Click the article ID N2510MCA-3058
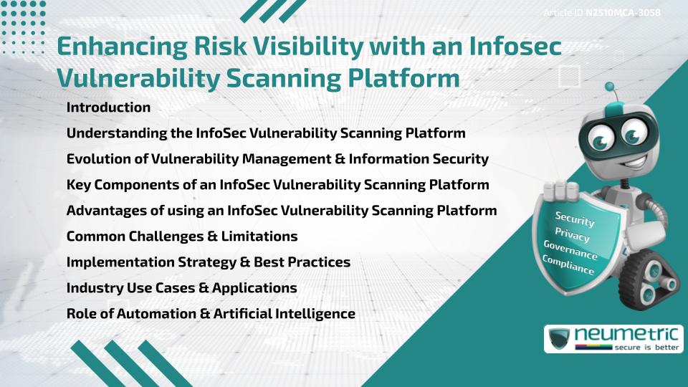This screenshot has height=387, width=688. [x=622, y=13]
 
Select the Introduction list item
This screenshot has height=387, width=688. [x=108, y=107]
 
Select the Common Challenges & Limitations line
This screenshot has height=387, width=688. [x=181, y=236]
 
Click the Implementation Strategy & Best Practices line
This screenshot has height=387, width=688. [x=208, y=262]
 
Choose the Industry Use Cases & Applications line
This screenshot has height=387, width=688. [x=181, y=287]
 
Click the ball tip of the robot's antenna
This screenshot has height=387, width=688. [x=610, y=87]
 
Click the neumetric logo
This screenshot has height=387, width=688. [x=613, y=338]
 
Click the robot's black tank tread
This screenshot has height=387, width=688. [x=653, y=280]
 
